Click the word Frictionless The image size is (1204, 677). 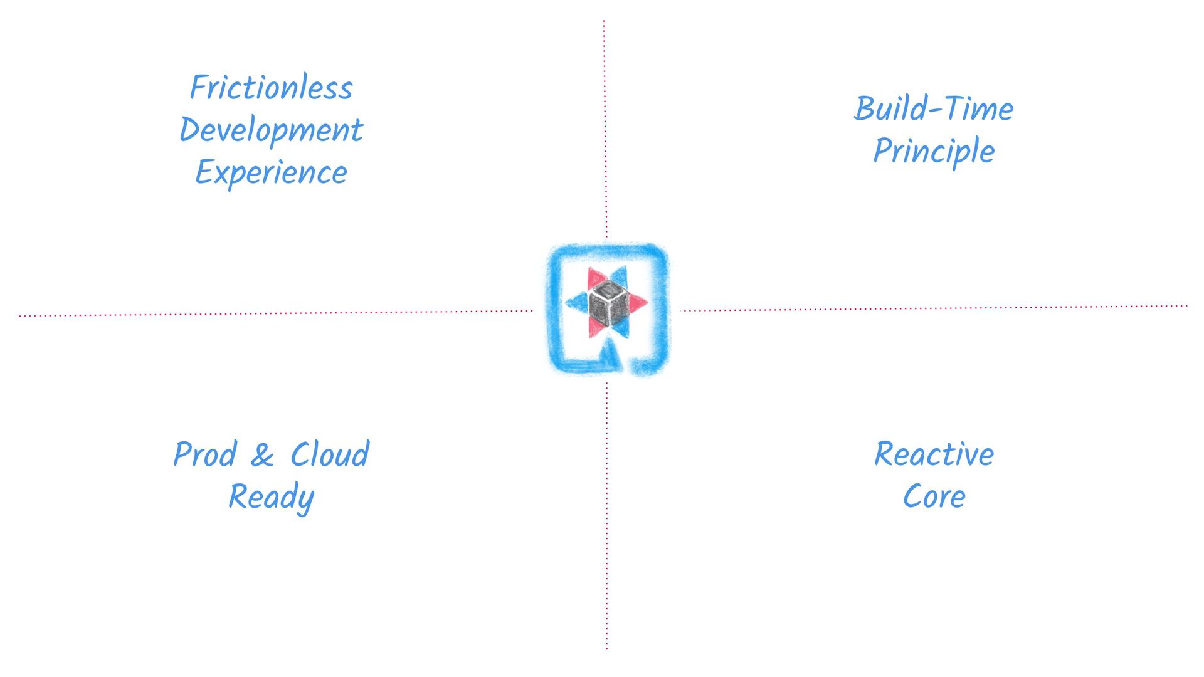(x=271, y=87)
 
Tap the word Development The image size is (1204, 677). (x=271, y=130)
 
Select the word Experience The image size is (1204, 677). (x=271, y=172)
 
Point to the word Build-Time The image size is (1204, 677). (x=933, y=108)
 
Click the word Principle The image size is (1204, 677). (x=933, y=151)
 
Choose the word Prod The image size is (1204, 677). (x=204, y=454)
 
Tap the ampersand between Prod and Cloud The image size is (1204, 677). (x=262, y=455)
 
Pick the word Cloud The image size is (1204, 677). (x=330, y=454)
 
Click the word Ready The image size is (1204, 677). (x=271, y=497)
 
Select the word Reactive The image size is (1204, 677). (x=934, y=454)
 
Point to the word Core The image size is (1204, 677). (x=934, y=496)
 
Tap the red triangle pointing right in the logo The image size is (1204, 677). (x=638, y=303)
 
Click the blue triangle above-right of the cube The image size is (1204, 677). (x=620, y=276)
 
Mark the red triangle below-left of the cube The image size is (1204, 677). (x=594, y=329)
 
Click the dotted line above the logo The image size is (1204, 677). (x=605, y=125)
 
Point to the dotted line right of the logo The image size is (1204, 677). (x=934, y=308)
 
